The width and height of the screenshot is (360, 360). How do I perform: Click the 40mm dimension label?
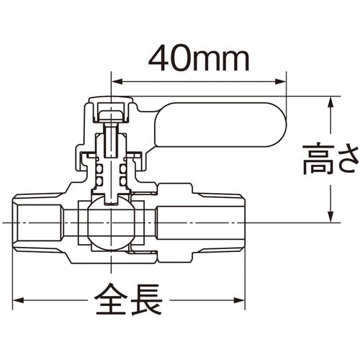[x=199, y=59]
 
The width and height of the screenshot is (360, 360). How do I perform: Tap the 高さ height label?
[x=331, y=159]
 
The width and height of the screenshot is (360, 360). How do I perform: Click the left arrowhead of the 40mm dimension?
[x=117, y=81]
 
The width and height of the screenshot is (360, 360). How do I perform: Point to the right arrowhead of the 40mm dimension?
[x=281, y=81]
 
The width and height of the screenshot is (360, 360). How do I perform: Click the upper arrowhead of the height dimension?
[x=331, y=102]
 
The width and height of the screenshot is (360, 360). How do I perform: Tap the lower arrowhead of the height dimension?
[x=331, y=217]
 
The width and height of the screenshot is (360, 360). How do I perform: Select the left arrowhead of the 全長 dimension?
[x=19, y=300]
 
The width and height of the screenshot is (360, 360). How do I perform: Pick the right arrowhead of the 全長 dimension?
[x=238, y=300]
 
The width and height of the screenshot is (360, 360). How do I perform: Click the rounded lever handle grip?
[x=220, y=125]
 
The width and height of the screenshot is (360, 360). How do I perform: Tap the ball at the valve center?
[x=112, y=223]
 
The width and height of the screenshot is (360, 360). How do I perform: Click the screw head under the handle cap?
[x=111, y=117]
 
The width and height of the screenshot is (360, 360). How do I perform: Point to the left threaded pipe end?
[x=37, y=223]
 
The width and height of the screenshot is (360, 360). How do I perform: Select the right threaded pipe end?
[x=220, y=223]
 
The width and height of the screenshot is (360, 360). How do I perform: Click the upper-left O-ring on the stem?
[x=99, y=169]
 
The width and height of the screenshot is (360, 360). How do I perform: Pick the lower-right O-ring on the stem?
[x=123, y=181]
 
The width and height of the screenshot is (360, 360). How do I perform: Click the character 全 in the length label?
[x=111, y=300]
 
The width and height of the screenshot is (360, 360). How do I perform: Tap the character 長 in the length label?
[x=147, y=300]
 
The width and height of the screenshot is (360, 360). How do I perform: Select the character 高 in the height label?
[x=318, y=159]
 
